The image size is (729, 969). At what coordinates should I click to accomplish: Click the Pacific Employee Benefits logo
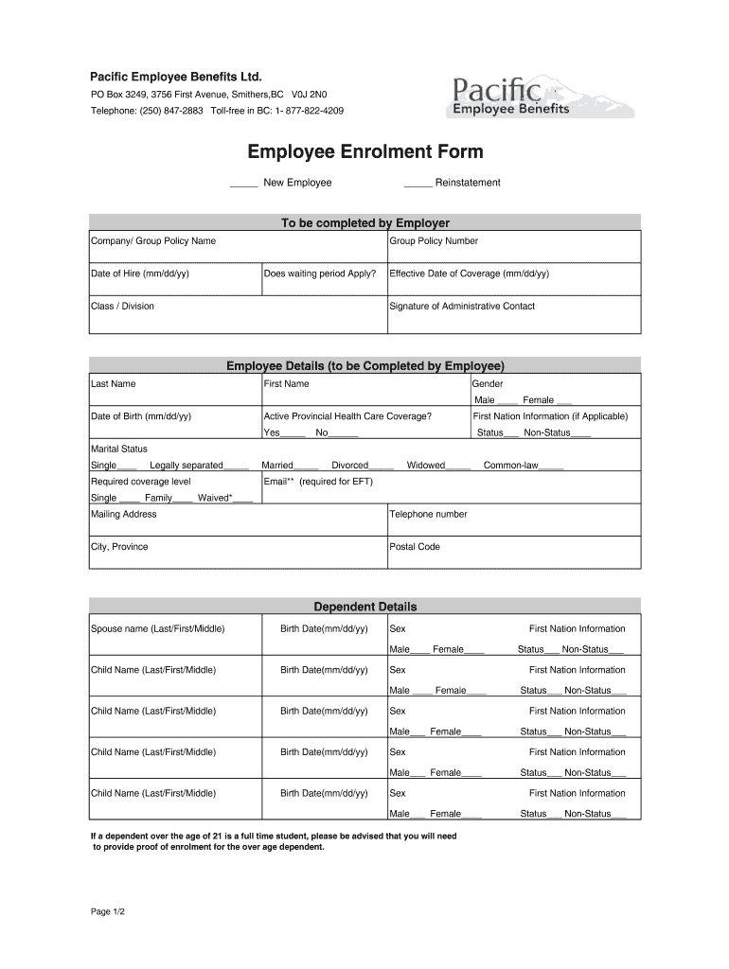point(541,97)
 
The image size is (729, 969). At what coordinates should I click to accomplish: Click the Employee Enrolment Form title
point(365,152)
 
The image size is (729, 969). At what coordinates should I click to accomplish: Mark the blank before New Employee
point(244,184)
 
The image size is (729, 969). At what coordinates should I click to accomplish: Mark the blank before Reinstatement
point(418,184)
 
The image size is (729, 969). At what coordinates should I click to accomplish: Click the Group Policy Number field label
point(434,241)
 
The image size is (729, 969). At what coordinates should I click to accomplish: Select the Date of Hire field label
point(139,273)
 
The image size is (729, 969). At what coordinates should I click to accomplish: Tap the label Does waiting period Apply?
point(320,273)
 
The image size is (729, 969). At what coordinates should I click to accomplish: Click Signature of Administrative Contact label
point(462,307)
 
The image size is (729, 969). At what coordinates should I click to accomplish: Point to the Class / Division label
point(122,307)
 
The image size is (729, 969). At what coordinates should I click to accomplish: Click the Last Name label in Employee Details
point(113,384)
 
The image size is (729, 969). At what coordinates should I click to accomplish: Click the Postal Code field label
point(415,547)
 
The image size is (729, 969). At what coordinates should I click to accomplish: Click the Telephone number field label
point(428,515)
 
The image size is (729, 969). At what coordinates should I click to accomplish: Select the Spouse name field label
point(157,629)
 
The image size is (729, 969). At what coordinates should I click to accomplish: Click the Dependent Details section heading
point(365,607)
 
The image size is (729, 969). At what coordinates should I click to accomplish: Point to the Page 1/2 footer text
point(108,911)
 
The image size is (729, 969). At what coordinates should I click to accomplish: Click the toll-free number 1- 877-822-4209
point(310,111)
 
